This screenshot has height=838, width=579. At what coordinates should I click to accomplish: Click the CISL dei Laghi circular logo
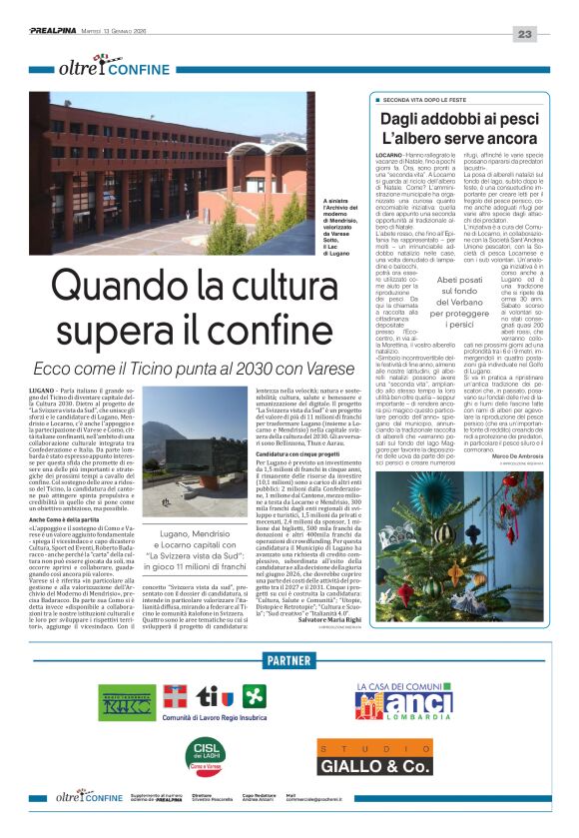coord(210,749)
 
